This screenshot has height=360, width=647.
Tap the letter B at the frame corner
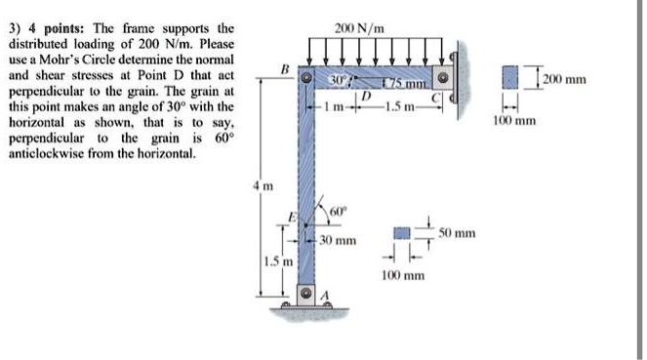click(285, 68)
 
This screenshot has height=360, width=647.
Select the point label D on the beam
click(366, 96)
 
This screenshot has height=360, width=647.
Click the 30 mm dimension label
click(339, 240)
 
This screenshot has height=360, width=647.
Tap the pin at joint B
click(306, 77)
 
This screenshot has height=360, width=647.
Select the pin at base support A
click(306, 293)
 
